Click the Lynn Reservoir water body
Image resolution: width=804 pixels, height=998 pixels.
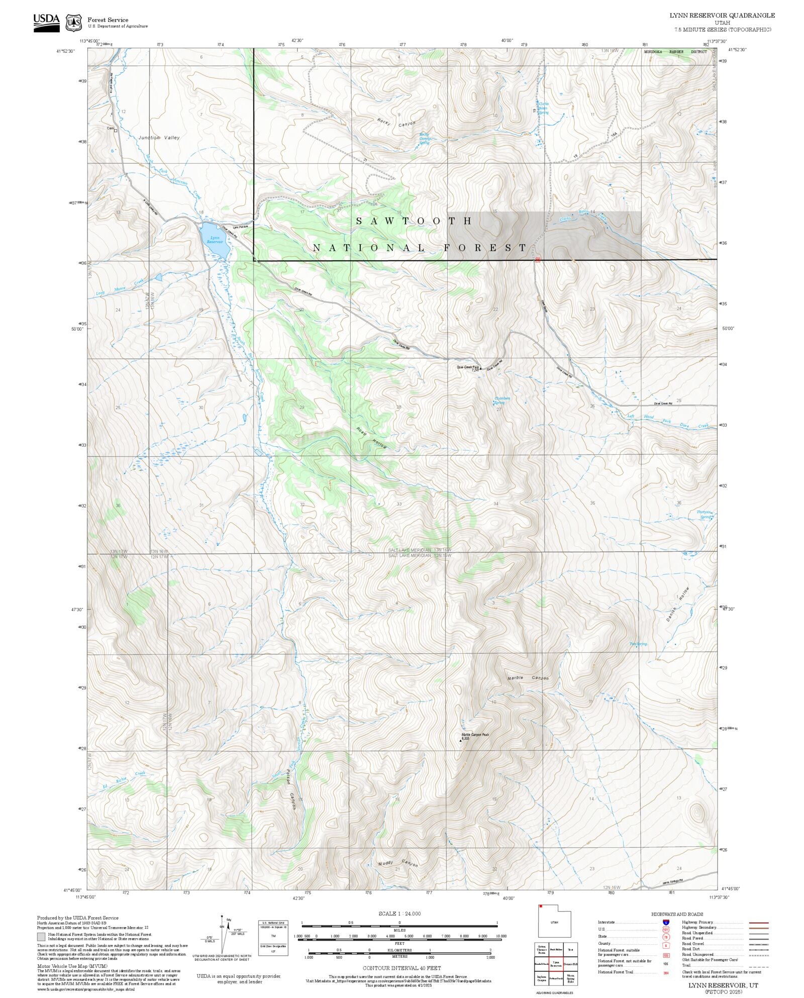214,240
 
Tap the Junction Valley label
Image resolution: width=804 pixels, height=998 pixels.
159,137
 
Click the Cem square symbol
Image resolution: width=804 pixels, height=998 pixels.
116,131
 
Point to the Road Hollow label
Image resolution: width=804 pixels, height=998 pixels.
371,438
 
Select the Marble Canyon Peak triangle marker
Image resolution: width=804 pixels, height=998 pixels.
460,740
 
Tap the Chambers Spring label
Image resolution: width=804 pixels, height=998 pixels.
501,401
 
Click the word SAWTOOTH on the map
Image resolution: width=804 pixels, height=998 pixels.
414,221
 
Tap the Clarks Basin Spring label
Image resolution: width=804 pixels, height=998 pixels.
543,108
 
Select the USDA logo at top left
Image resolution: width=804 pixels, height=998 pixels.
46,23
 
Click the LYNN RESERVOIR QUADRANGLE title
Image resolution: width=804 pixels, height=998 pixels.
722,16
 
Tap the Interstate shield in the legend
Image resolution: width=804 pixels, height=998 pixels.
666,923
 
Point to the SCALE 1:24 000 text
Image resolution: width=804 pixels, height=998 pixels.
399,914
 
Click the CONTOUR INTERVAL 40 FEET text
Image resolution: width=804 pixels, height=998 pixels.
401,968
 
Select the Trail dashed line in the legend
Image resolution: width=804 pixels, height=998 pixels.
758,965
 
